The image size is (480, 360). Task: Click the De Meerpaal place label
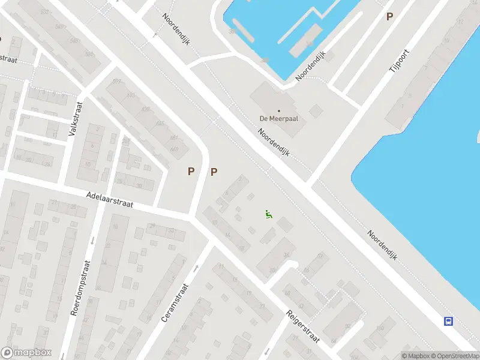pos(278,119)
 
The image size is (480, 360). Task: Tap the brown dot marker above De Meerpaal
pos(278,111)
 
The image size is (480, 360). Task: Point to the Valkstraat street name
pos(76,118)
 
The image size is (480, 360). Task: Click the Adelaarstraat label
pos(109,200)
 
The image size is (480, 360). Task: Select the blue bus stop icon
pos(448,321)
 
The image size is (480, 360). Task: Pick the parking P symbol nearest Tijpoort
pos(389,17)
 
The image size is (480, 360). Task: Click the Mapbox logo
pos(26,353)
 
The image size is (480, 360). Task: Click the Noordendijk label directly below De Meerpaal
pos(274,143)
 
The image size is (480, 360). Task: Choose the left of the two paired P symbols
pos(191,172)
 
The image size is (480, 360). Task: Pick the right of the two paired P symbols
pos(214,172)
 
